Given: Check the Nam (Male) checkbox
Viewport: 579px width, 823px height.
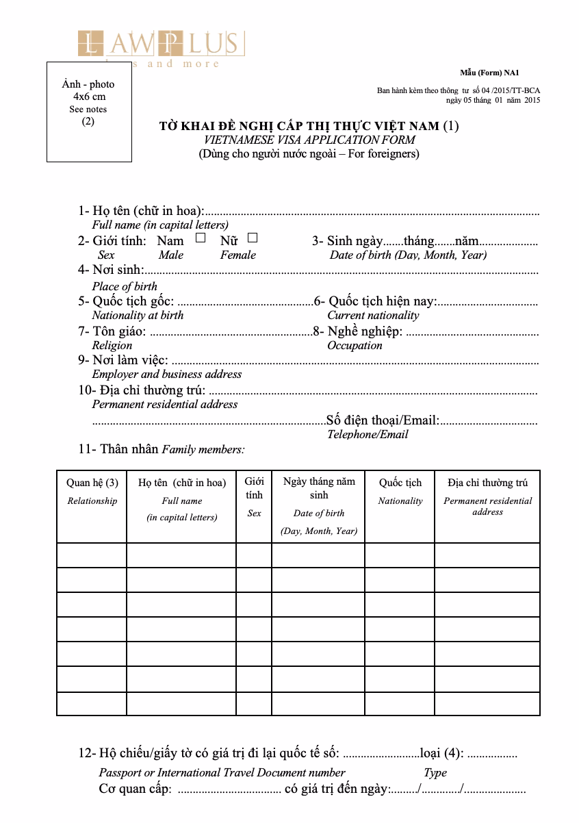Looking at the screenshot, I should [201, 238].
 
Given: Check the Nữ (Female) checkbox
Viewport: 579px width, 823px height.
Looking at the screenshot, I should [253, 238].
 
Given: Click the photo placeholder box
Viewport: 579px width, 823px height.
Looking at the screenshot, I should [89, 112].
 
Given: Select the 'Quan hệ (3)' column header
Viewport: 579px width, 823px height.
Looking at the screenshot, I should [92, 483].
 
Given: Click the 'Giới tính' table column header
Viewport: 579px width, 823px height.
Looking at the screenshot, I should [254, 488].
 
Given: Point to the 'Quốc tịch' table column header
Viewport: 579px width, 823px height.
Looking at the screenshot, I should [400, 483].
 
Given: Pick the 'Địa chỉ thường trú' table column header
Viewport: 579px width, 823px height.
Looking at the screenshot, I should [487, 483].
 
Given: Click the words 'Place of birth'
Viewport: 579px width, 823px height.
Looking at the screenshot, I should [125, 286].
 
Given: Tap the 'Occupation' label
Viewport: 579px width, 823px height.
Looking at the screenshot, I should [355, 345].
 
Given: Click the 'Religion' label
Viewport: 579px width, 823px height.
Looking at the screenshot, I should [112, 345].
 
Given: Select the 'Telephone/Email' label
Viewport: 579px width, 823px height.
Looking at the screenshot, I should [368, 434].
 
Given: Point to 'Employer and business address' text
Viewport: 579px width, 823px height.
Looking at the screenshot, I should [167, 374].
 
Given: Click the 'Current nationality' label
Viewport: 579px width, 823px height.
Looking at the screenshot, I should [373, 315].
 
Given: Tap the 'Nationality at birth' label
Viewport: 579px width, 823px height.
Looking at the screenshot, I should [138, 315].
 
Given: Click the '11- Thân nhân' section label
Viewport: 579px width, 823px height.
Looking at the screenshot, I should [119, 449].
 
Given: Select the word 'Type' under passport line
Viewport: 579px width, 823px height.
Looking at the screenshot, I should [435, 772].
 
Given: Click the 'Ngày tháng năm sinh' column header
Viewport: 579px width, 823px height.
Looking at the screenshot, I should [318, 488].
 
